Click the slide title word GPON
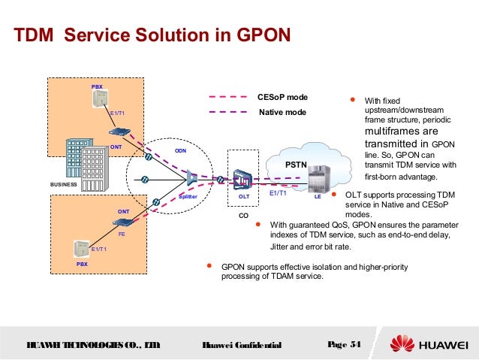click(249, 36)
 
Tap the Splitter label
click(188, 195)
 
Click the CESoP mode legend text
click(282, 98)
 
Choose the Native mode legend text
click(282, 112)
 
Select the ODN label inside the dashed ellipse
click(180, 150)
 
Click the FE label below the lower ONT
click(121, 234)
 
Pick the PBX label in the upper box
click(97, 87)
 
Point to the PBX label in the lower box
click(82, 265)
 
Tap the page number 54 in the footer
click(354, 344)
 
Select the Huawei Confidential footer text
click(242, 345)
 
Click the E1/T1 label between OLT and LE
click(278, 194)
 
